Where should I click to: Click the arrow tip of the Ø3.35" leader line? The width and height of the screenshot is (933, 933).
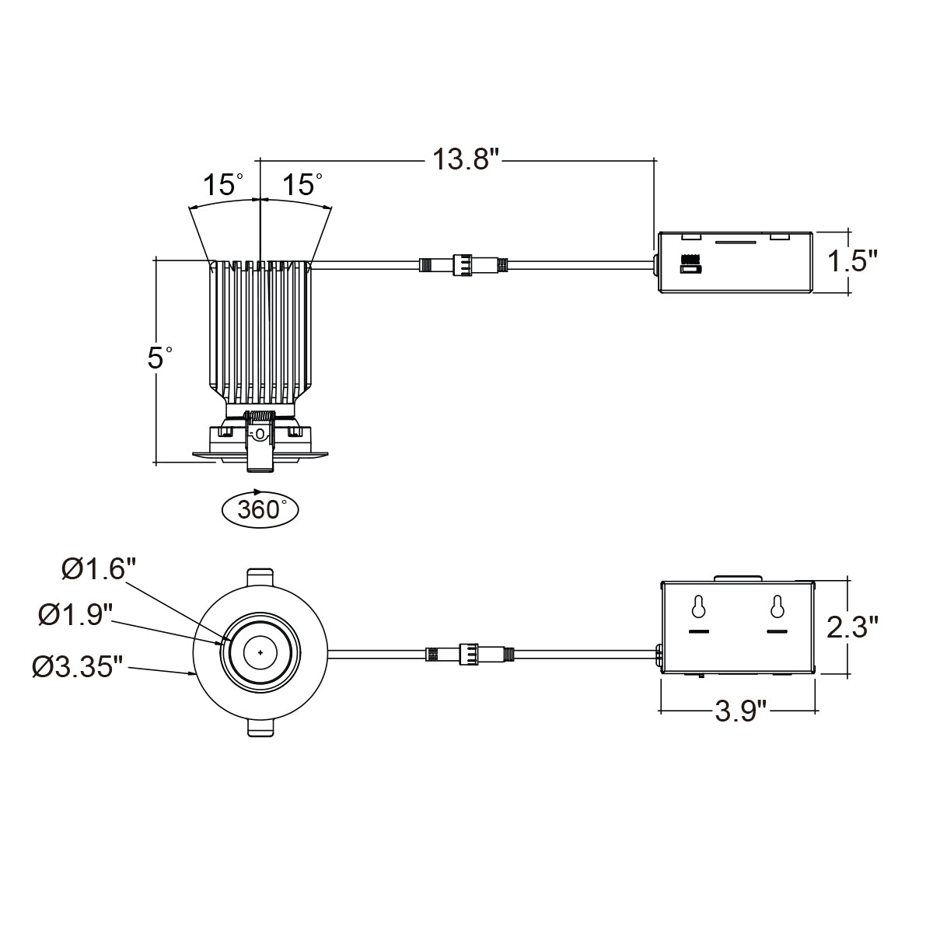[195, 674]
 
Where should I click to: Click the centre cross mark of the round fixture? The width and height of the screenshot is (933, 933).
[261, 652]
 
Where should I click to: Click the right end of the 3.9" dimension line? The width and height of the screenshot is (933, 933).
[818, 711]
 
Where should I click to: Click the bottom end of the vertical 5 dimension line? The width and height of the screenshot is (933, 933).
[156, 463]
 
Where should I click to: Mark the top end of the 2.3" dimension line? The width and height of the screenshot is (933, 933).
[848, 578]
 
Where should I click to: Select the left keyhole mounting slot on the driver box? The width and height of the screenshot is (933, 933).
[698, 606]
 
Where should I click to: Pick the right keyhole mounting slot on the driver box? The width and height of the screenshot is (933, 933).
[777, 606]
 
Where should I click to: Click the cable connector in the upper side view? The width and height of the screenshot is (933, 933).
[463, 265]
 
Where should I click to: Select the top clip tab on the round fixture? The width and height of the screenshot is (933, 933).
[261, 578]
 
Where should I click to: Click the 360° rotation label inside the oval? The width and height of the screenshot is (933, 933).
[260, 509]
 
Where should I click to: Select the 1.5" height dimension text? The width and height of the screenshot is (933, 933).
[851, 261]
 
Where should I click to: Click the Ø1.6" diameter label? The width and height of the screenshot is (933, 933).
[100, 568]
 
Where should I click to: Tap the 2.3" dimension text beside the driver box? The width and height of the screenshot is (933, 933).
[852, 627]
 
